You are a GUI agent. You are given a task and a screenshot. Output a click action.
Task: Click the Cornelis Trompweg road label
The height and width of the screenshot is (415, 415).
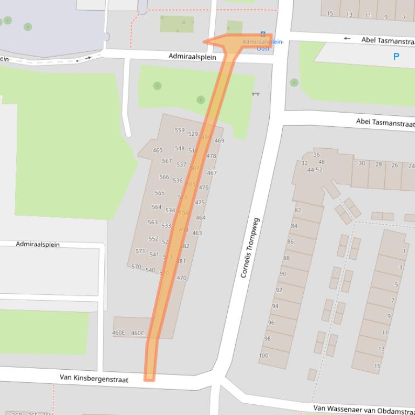pos(250,247)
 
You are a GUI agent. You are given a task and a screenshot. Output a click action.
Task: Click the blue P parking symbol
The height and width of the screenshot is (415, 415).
pos(396,57)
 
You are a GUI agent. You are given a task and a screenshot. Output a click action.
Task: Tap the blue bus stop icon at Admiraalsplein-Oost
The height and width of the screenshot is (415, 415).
pos(263,33)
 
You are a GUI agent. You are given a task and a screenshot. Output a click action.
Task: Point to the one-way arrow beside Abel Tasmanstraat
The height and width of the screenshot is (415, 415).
pos(346,39)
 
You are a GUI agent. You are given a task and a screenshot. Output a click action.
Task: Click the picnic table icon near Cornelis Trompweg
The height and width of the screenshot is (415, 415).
pos(255,94)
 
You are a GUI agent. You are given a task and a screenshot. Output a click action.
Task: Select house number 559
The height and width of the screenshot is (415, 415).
pos(180,130)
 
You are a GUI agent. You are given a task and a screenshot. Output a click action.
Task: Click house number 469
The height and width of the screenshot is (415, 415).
pos(219,141)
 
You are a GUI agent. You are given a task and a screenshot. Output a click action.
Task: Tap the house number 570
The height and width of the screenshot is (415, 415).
pos(136,267)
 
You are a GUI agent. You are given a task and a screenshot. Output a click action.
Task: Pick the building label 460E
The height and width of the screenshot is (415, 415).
pos(118,333)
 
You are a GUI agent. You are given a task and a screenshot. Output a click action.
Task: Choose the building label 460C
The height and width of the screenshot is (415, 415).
pos(138,333)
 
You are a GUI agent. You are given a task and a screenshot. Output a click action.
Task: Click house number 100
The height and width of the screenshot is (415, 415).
pos(263,356)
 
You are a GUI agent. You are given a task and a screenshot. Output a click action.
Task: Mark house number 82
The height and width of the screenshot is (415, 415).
pos(298,210)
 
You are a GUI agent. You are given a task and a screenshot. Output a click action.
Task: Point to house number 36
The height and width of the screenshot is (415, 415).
pos(317,155)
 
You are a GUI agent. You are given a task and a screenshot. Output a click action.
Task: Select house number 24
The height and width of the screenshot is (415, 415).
pos(411,166)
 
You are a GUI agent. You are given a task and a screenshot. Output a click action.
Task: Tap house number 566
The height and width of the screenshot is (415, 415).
pos(164,177)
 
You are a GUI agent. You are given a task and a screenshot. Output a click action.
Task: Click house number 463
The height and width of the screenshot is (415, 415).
pos(197,233)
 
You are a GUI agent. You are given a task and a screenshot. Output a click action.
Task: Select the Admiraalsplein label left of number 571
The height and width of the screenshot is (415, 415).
pos(38,244)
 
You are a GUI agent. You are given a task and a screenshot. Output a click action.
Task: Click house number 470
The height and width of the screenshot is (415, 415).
pos(181,279)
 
